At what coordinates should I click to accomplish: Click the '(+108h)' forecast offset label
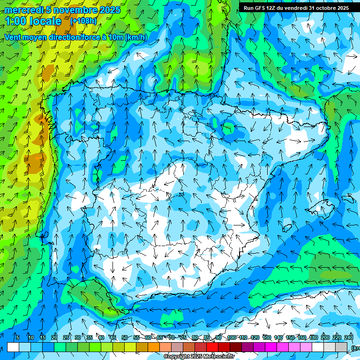(83, 21)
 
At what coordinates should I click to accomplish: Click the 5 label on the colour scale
(18, 337)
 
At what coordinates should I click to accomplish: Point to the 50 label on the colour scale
(125, 337)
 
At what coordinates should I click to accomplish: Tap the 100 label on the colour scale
(232, 337)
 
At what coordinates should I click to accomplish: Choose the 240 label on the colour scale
(349, 337)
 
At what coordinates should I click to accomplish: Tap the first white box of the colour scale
(13, 347)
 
